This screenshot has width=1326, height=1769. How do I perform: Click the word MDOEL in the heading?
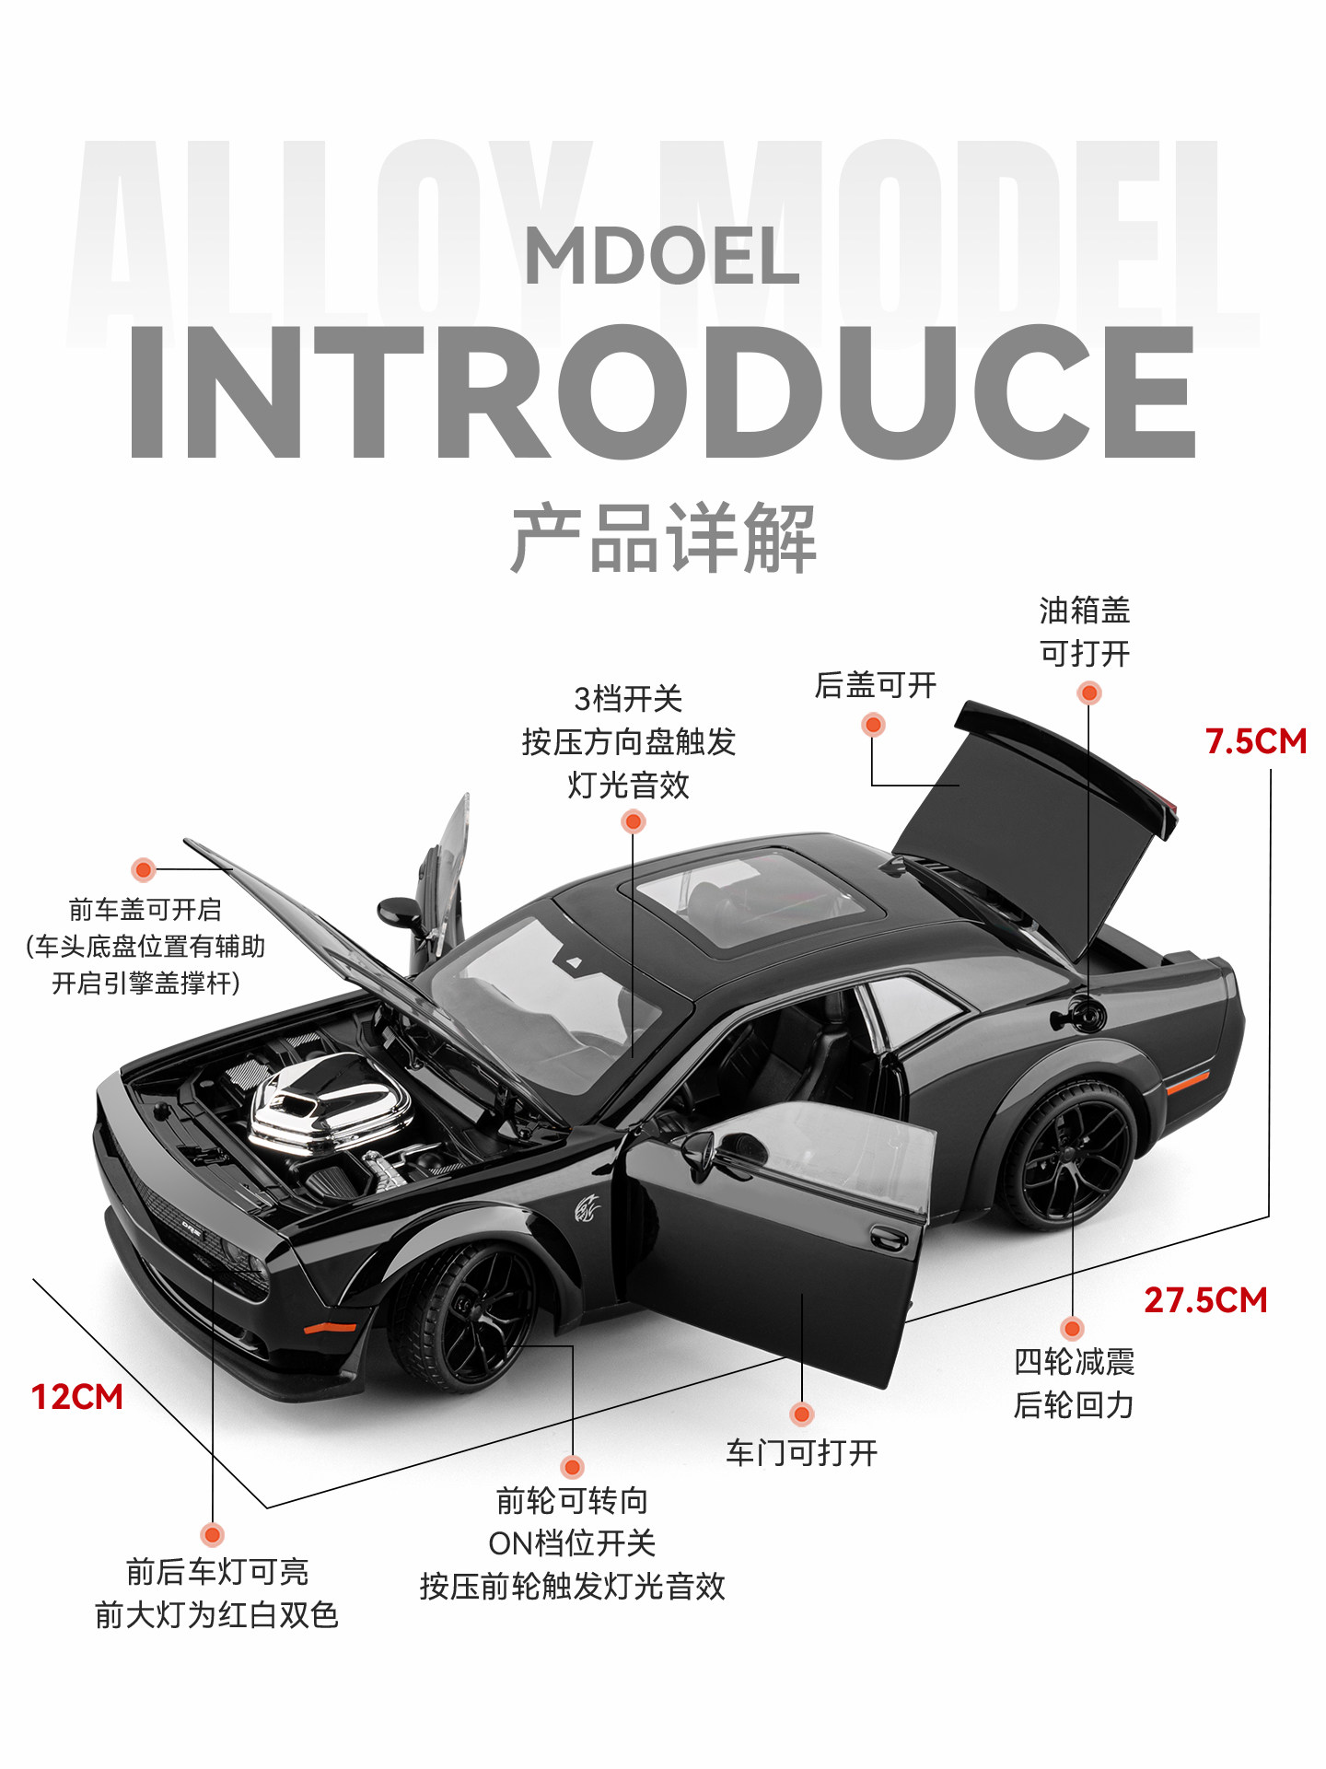[661, 256]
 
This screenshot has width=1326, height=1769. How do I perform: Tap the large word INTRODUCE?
[661, 391]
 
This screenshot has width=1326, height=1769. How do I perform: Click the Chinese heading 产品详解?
[663, 538]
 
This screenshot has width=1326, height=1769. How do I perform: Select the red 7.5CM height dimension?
[1255, 741]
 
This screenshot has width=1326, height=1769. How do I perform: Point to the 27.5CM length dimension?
[1205, 1300]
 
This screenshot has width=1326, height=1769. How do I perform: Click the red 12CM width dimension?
[77, 1397]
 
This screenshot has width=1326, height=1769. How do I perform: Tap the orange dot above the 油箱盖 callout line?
[1088, 692]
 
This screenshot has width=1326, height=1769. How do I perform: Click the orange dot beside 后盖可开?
[873, 725]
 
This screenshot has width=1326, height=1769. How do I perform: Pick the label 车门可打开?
[801, 1453]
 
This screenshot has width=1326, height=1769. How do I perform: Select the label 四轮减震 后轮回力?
[1074, 1383]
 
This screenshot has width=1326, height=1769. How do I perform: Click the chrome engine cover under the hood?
[327, 1100]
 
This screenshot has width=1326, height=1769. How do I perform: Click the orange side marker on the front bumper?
[330, 1328]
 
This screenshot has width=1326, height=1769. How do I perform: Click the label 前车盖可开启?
[145, 911]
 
